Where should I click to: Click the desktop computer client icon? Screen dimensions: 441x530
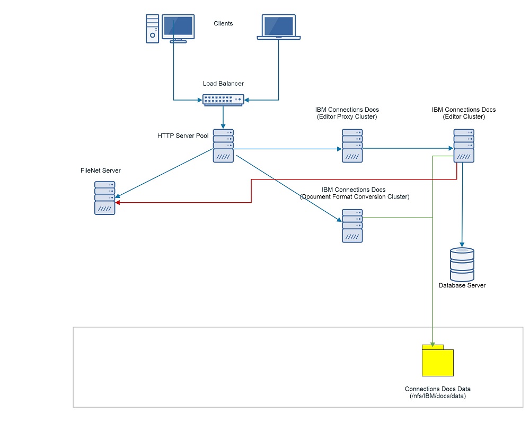(170, 29)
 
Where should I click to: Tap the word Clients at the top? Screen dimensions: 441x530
(223, 23)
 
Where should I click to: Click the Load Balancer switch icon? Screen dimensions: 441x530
(223, 100)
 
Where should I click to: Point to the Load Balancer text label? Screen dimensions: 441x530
(223, 84)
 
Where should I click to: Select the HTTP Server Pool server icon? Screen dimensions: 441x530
(224, 146)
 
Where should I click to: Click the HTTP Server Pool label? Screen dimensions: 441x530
(183, 136)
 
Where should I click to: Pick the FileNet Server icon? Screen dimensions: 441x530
(105, 198)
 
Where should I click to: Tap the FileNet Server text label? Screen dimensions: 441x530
(101, 170)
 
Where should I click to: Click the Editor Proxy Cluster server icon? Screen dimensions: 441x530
(352, 146)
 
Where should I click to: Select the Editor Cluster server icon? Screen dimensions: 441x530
(464, 146)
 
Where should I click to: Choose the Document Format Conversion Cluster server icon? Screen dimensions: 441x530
(352, 226)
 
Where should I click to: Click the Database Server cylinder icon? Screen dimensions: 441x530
(462, 264)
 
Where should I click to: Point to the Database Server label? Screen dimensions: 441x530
(462, 286)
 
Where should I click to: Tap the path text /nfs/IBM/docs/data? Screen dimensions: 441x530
(438, 396)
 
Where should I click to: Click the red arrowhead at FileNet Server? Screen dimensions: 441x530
(118, 202)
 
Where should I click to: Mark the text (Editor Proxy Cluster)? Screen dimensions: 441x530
(347, 117)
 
